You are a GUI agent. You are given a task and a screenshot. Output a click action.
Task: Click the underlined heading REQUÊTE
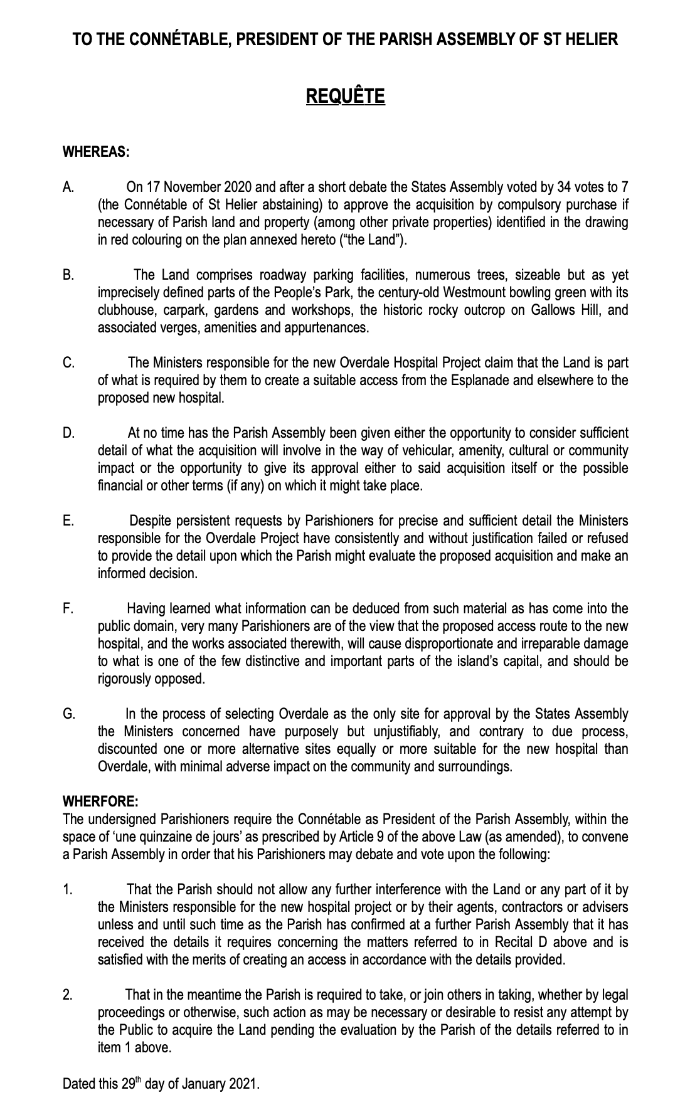pos(345,96)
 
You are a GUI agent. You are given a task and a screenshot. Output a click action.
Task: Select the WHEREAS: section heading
pos(96,151)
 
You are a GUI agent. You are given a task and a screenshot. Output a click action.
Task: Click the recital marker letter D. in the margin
pos(68,433)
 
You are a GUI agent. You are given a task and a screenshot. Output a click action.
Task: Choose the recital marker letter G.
pos(69,714)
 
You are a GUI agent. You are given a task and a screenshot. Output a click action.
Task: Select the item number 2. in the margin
pos(68,995)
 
